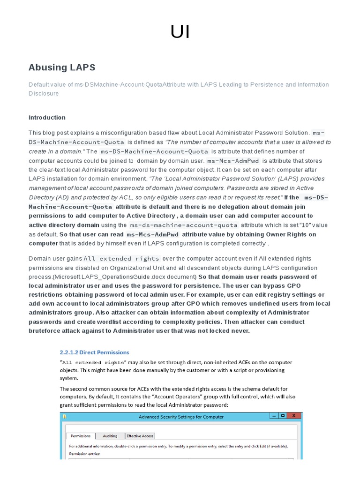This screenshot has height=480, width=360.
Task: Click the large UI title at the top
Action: pyautogui.click(x=180, y=32)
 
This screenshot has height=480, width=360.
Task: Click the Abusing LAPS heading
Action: pyautogui.click(x=62, y=67)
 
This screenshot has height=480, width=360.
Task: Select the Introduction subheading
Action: pyautogui.click(x=47, y=117)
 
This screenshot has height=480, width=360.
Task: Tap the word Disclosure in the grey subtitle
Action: pyautogui.click(x=44, y=93)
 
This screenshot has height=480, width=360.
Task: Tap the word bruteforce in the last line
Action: pyautogui.click(x=46, y=331)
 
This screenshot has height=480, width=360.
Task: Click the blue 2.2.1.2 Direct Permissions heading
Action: pyautogui.click(x=94, y=352)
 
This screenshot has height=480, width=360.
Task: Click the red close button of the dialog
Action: pyautogui.click(x=293, y=416)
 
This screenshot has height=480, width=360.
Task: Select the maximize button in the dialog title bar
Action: pyautogui.click(x=283, y=416)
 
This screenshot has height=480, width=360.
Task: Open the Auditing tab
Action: pyautogui.click(x=110, y=436)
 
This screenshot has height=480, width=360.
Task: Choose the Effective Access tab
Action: pyautogui.click(x=140, y=436)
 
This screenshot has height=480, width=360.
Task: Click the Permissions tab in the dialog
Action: pyautogui.click(x=81, y=436)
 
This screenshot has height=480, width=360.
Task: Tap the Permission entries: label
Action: pyautogui.click(x=86, y=454)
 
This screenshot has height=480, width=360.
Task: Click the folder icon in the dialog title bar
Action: pyautogui.click(x=65, y=416)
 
